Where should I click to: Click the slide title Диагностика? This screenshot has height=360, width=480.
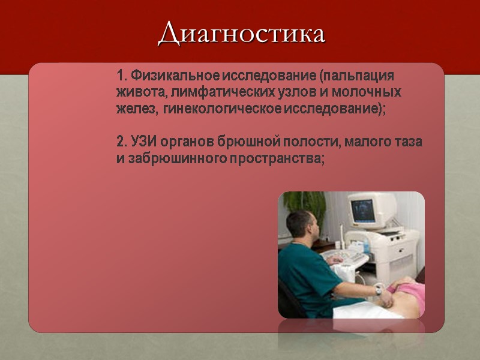pyautogui.click(x=241, y=34)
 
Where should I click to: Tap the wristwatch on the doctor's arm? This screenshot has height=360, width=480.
pyautogui.click(x=379, y=290)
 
